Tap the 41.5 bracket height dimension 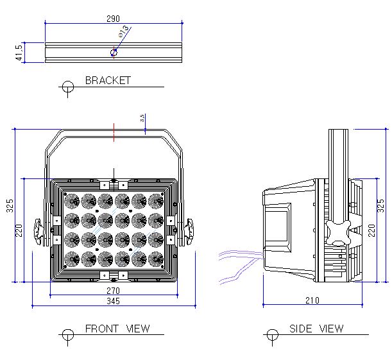tap(19, 53)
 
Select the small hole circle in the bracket tap(114, 53)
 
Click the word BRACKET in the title tap(108, 81)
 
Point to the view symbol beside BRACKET tap(67, 87)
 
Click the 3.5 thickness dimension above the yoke tap(142, 118)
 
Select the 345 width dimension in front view tap(114, 301)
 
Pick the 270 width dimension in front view tap(114, 290)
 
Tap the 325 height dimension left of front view tap(10, 205)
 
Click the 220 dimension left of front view tap(19, 229)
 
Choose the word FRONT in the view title tap(102, 329)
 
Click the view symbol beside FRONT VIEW tap(67, 335)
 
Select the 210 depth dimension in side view tap(312, 300)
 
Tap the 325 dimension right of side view tap(381, 205)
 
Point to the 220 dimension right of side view tap(371, 229)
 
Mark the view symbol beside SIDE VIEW tap(272, 335)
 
